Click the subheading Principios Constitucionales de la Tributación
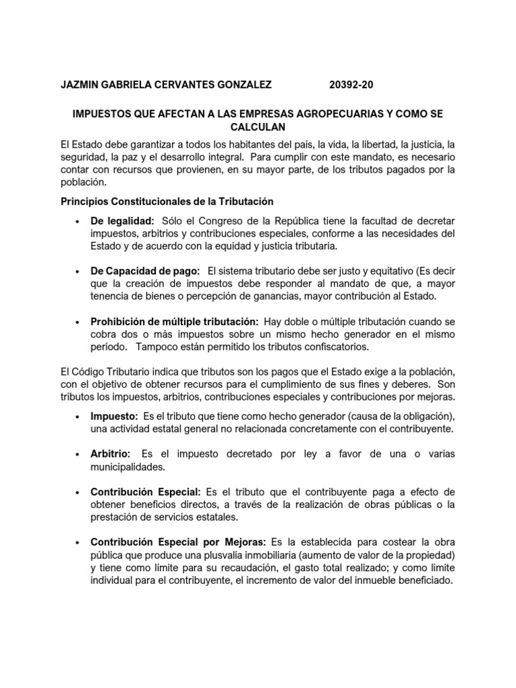(x=167, y=202)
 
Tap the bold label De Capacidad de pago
(x=145, y=271)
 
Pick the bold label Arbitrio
(x=111, y=454)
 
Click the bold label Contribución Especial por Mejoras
(x=178, y=542)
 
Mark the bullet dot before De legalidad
(x=79, y=222)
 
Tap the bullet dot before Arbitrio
(x=79, y=455)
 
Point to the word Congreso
(x=238, y=221)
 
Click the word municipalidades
(x=128, y=467)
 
